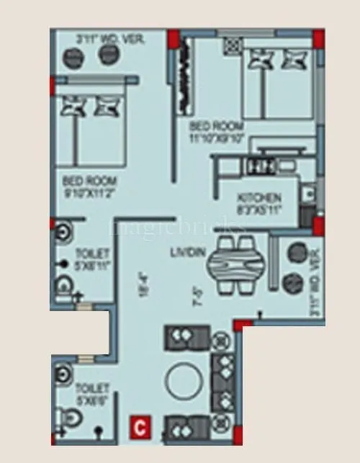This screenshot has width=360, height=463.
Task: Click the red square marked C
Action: [x=140, y=427]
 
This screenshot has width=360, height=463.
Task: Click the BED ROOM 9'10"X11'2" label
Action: [x=89, y=186]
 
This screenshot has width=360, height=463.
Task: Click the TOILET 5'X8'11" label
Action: [x=92, y=261]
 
